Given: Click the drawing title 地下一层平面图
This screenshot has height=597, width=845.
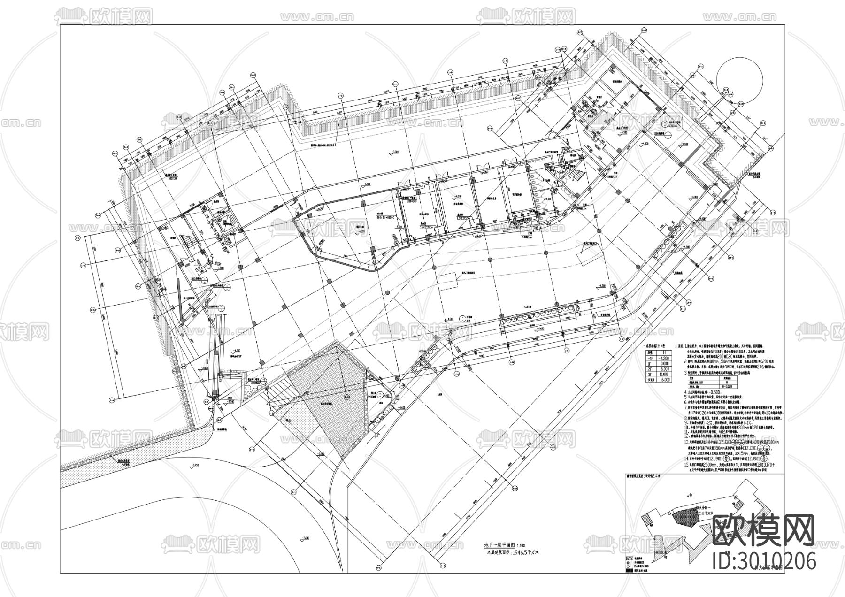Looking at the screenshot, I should pyautogui.click(x=499, y=545).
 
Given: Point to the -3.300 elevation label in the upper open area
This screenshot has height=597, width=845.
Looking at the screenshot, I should pyautogui.click(x=393, y=152).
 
